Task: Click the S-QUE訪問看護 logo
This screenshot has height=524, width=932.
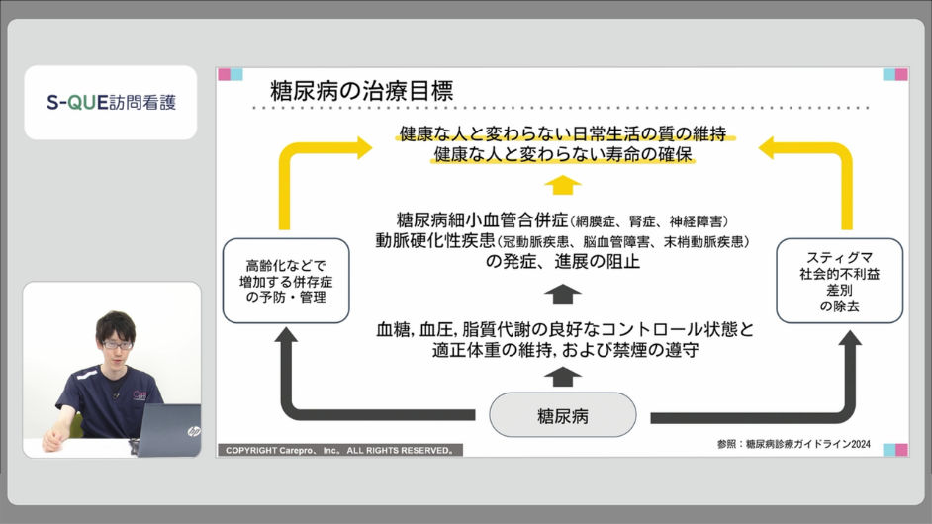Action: click(x=111, y=102)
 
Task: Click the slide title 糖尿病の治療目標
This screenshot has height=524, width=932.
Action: click(x=361, y=91)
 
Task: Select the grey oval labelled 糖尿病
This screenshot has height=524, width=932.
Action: click(x=562, y=415)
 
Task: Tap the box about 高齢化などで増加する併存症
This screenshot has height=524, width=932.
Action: click(x=286, y=281)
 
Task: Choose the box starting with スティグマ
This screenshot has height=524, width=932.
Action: click(x=839, y=281)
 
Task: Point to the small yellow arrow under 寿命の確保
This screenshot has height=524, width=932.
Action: click(x=562, y=185)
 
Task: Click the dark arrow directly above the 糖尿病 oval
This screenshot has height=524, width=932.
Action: click(x=562, y=377)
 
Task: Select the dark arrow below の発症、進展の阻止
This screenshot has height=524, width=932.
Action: click(x=562, y=294)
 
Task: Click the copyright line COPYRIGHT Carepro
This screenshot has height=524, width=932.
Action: click(x=340, y=450)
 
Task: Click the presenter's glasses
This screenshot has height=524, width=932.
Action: click(x=117, y=345)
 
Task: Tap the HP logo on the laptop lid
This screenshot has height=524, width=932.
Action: click(x=193, y=431)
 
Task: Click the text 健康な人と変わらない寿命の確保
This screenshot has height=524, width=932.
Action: click(x=562, y=154)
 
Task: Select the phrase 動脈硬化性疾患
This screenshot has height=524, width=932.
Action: click(x=434, y=240)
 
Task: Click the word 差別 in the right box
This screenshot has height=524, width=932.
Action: click(x=839, y=290)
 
